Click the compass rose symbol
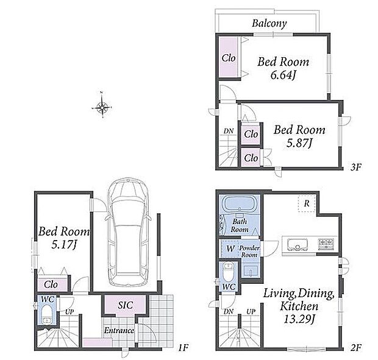click(102, 107)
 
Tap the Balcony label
click(269, 23)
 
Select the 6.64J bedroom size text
click(283, 76)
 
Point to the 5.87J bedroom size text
click(299, 144)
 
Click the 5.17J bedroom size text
click(64, 245)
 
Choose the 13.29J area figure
click(299, 320)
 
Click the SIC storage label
click(126, 305)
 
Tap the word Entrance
click(119, 330)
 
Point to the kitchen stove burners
click(326, 244)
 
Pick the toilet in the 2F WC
click(228, 272)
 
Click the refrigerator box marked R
click(307, 203)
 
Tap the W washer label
click(230, 249)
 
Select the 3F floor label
click(356, 167)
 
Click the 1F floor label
click(184, 348)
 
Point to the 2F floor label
click(356, 348)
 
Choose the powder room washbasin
click(250, 272)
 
